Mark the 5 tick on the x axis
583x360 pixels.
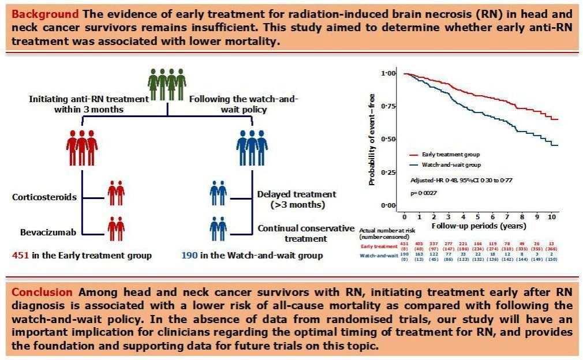pos(477,216)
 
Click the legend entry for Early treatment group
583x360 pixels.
pos(451,155)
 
